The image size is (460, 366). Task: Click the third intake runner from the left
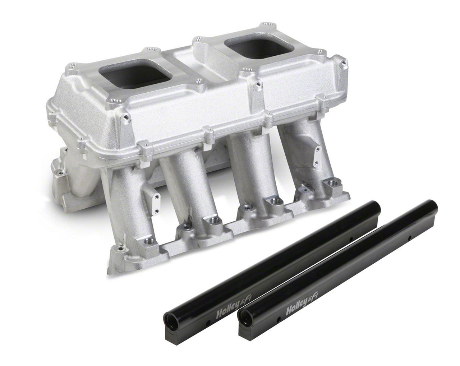(248, 169)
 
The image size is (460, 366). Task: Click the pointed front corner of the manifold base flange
(110, 271)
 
